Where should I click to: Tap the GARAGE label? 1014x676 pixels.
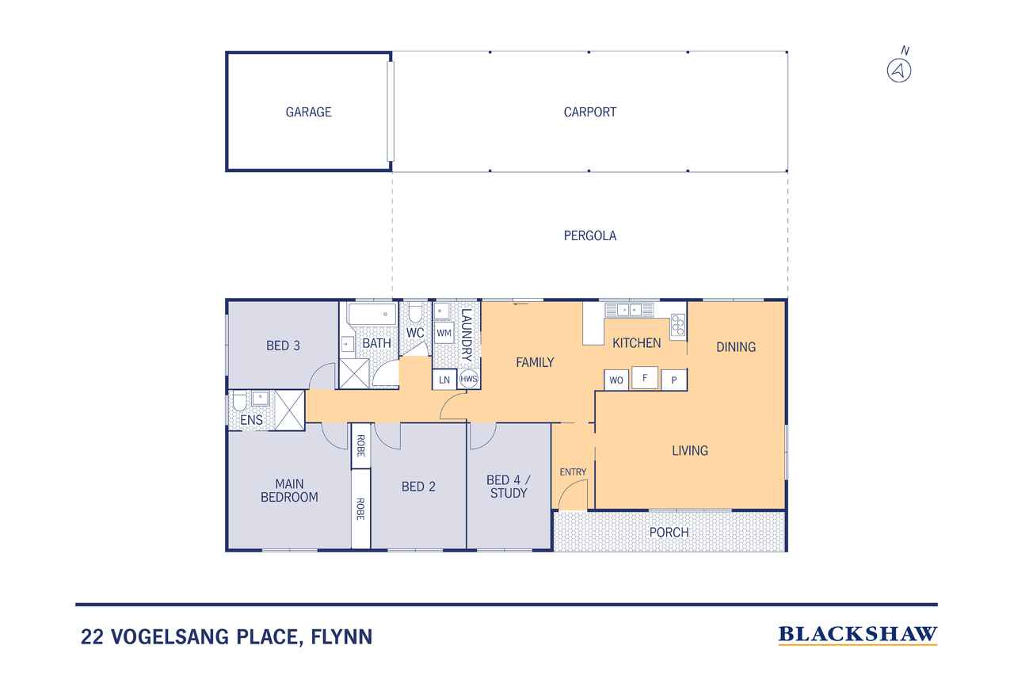coord(308,112)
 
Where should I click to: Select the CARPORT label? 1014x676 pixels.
coord(589,112)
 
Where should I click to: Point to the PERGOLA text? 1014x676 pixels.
coord(589,235)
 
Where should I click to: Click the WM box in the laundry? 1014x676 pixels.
coord(444,333)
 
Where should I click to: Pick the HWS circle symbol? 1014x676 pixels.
coord(469,380)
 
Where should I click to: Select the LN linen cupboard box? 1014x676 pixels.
coord(444,380)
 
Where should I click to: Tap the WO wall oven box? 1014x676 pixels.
coord(616,380)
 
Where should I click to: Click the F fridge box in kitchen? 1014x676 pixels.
coord(645,378)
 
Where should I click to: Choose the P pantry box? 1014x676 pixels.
coord(674,380)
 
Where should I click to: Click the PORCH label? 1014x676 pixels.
coord(669,532)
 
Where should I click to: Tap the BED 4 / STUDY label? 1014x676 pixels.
coord(507,486)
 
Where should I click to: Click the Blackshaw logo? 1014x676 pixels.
coord(858,634)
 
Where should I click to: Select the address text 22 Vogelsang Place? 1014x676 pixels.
coord(227,636)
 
